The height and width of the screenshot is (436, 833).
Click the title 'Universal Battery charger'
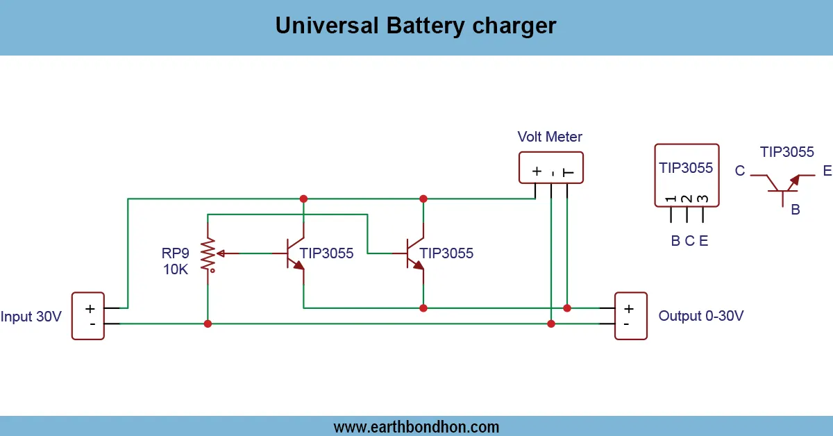pyautogui.click(x=416, y=26)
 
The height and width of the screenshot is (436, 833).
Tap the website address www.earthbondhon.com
pyautogui.click(x=416, y=426)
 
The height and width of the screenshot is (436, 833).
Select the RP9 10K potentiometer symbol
pyautogui.click(x=208, y=254)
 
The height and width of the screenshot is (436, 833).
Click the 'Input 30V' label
pyautogui.click(x=31, y=317)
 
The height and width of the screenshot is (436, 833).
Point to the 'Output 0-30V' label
pyautogui.click(x=701, y=316)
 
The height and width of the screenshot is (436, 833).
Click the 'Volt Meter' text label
pyautogui.click(x=550, y=137)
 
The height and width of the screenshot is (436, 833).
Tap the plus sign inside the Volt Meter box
pyautogui.click(x=536, y=171)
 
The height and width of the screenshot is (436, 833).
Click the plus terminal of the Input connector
pyautogui.click(x=90, y=308)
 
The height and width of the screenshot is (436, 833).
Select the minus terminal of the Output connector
pyautogui.click(x=628, y=324)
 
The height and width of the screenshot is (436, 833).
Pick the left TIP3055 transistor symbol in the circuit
pyautogui.click(x=295, y=254)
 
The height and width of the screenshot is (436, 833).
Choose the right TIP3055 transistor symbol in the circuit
pyautogui.click(x=414, y=254)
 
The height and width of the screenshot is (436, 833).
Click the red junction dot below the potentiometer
pyautogui.click(x=208, y=324)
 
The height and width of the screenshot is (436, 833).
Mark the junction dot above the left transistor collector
pyautogui.click(x=303, y=199)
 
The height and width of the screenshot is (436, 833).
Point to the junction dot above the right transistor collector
pyautogui.click(x=423, y=199)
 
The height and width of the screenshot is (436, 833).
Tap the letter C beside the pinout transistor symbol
pyautogui.click(x=740, y=171)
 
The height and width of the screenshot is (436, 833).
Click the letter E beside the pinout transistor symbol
pyautogui.click(x=827, y=171)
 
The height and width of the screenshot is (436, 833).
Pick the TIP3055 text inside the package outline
pyautogui.click(x=686, y=168)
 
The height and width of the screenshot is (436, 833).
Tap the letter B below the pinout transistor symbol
pyautogui.click(x=796, y=209)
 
